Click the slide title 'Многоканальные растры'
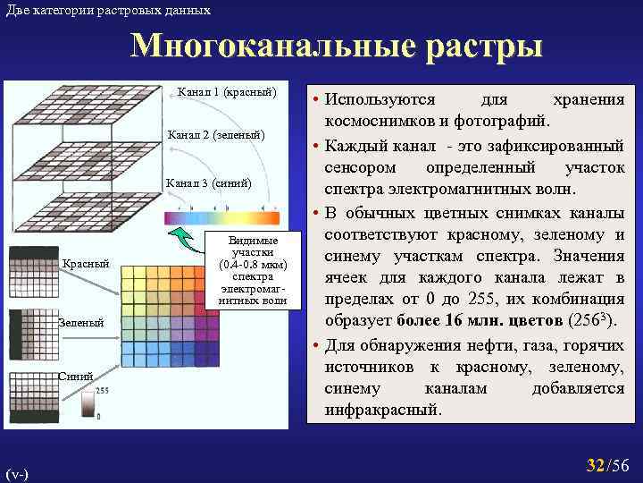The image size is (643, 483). pyautogui.click(x=336, y=47)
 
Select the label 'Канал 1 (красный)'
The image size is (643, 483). pyautogui.click(x=228, y=92)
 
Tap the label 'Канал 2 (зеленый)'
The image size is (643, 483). pyautogui.click(x=214, y=135)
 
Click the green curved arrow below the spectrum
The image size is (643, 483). pyautogui.click(x=187, y=240)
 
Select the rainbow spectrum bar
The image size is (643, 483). pyautogui.click(x=221, y=217)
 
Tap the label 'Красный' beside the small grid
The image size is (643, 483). pyautogui.click(x=86, y=263)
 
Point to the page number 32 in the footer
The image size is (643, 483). pyautogui.click(x=594, y=465)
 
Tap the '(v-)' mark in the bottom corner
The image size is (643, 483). pyautogui.click(x=16, y=471)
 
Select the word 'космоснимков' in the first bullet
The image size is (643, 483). pyautogui.click(x=383, y=121)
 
